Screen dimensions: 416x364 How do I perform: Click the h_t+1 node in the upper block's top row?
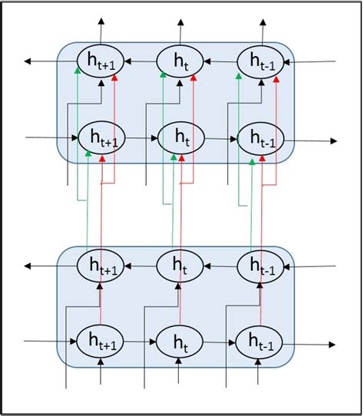click(x=101, y=60)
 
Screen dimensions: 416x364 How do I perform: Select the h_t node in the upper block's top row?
click(x=179, y=60)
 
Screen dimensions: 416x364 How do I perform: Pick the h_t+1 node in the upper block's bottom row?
click(x=101, y=139)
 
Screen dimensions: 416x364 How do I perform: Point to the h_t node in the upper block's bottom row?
click(x=179, y=139)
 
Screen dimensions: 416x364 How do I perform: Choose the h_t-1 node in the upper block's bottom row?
click(x=258, y=140)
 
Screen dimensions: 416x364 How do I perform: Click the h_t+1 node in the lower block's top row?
click(x=101, y=266)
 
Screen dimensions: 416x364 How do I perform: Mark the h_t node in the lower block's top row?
click(x=179, y=266)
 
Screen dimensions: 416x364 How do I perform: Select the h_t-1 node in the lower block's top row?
click(x=258, y=266)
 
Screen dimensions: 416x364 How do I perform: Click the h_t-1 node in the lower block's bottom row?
click(x=258, y=343)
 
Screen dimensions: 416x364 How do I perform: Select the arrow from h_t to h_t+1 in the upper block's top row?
click(x=140, y=60)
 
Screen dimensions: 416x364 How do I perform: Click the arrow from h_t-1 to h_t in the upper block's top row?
click(x=218, y=61)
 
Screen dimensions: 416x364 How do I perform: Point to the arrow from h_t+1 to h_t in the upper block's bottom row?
click(x=140, y=139)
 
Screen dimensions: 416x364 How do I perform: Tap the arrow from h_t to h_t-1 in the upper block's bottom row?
click(x=218, y=140)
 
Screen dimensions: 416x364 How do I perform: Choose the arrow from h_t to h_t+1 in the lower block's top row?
click(x=140, y=266)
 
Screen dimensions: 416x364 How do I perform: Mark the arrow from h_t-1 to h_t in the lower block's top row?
click(x=218, y=266)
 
